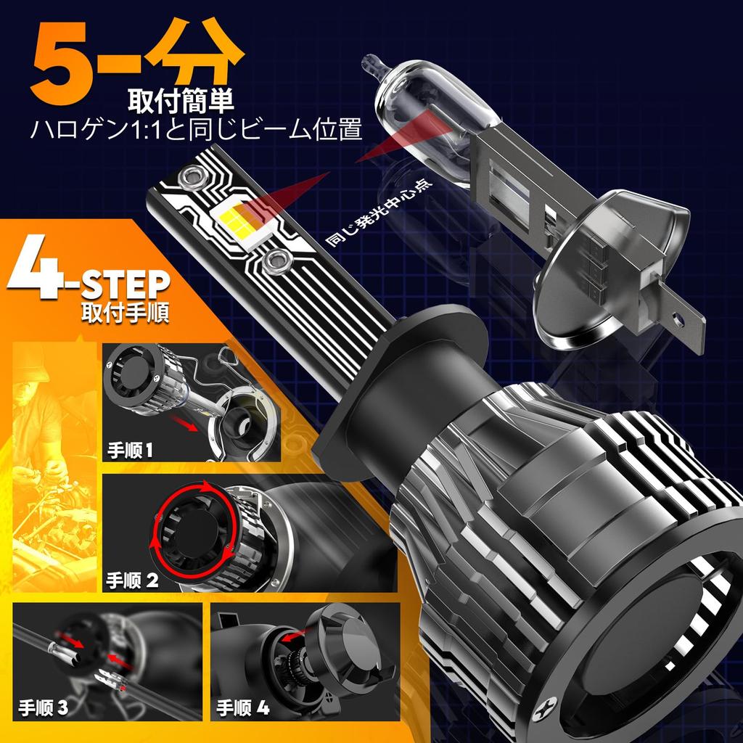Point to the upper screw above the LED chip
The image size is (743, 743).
pos(193,174)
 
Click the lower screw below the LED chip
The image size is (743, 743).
pos(275,259)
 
